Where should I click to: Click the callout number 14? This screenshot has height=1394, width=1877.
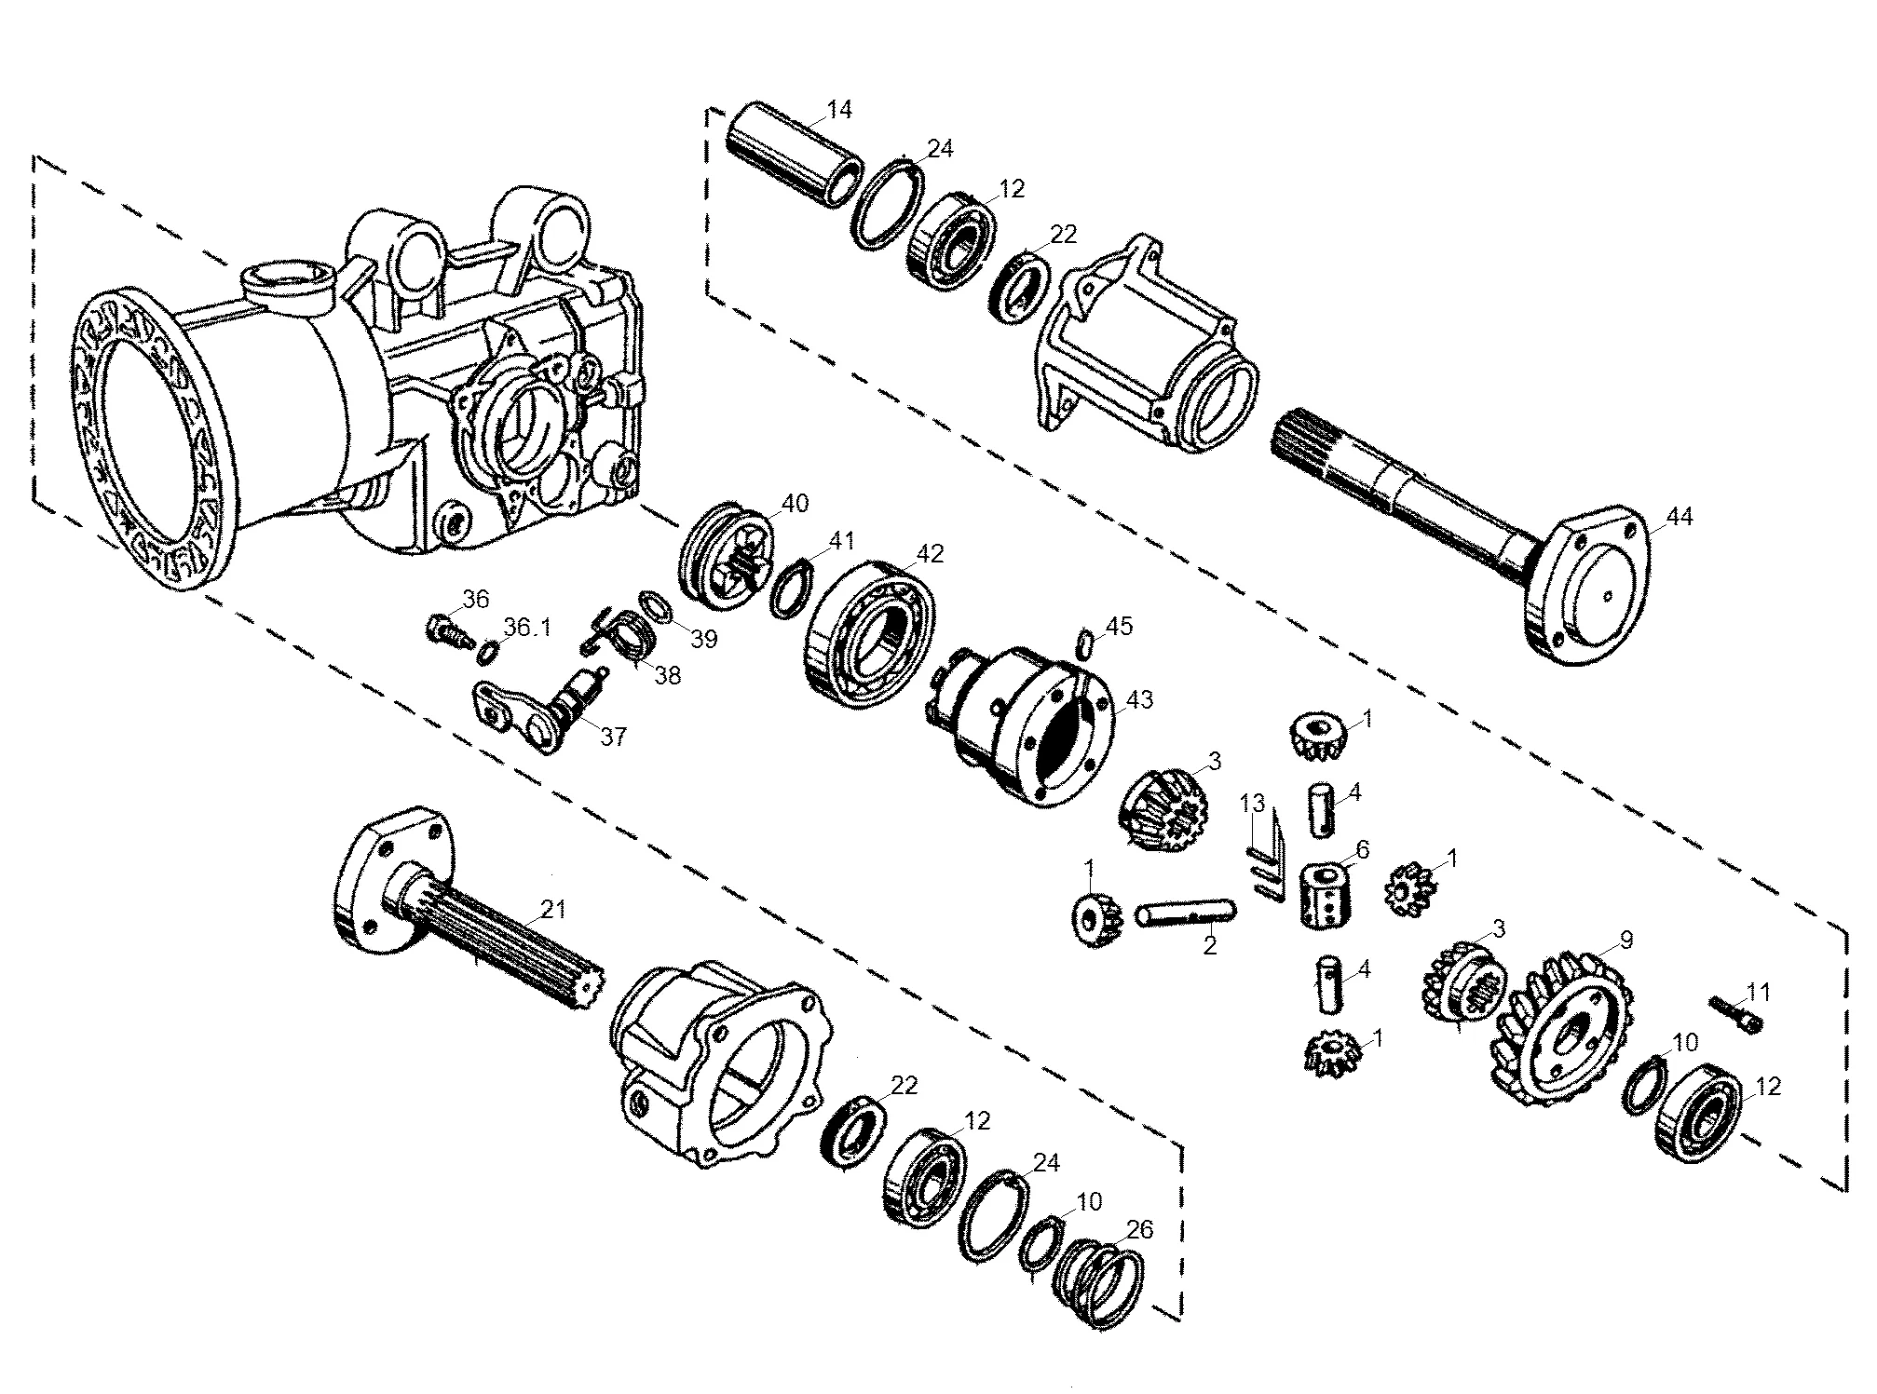(x=838, y=110)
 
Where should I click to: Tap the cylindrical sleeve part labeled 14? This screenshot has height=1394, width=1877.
(x=792, y=155)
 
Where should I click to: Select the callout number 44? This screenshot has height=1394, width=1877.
(x=1680, y=517)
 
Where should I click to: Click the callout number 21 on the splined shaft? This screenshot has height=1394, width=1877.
(x=553, y=909)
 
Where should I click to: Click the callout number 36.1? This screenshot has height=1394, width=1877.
(x=528, y=628)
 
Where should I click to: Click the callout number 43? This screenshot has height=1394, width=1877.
(x=1140, y=699)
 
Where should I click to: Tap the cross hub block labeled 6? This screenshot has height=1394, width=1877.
(x=1325, y=896)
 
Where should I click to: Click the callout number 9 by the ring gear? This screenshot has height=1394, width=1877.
(x=1625, y=941)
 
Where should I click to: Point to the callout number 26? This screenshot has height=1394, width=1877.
(x=1139, y=1230)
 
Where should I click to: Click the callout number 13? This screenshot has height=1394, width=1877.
(x=1254, y=803)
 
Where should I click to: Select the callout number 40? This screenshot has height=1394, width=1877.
(x=795, y=504)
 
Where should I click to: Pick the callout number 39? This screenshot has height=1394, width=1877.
(x=705, y=640)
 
